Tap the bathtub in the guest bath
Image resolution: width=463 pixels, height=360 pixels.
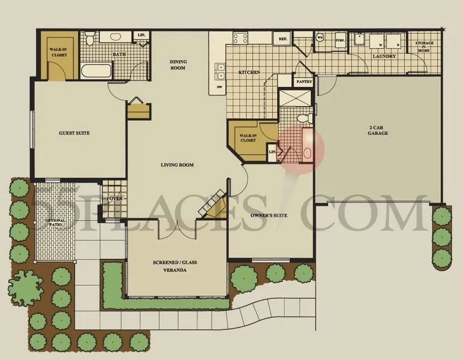[96, 72]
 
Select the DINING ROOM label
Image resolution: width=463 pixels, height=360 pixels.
[178, 65]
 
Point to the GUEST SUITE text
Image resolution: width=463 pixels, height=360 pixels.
[74, 133]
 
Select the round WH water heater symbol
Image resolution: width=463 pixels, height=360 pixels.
[320, 38]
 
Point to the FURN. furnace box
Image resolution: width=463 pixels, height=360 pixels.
[340, 39]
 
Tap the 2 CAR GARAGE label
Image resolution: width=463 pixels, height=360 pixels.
[378, 130]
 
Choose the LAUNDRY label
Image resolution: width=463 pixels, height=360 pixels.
[384, 56]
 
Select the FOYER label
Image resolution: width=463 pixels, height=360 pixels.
[114, 199]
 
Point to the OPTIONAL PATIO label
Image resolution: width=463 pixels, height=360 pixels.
[55, 223]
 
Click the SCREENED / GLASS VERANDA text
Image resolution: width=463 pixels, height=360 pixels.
[176, 266]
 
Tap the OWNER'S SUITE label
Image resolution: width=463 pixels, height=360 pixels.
[269, 215]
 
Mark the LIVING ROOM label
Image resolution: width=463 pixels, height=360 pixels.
[177, 165]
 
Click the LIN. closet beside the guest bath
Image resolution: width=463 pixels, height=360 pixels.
[142, 36]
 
